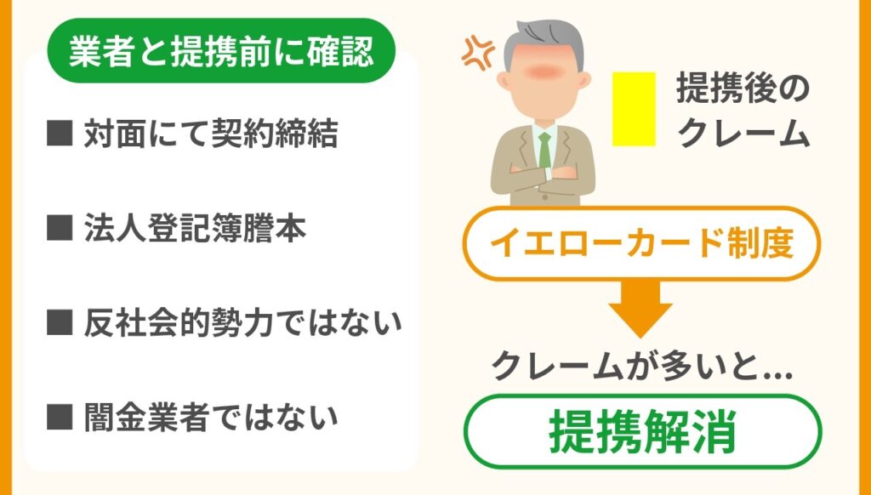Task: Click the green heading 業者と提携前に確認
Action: click(x=221, y=50)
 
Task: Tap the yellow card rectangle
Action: click(x=634, y=109)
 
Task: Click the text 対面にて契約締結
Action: click(x=211, y=135)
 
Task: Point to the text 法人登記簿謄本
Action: click(x=195, y=229)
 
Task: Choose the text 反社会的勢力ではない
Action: click(x=242, y=323)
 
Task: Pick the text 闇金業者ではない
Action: click(x=211, y=418)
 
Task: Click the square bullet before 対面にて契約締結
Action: click(x=60, y=134)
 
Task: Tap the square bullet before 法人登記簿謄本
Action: click(x=60, y=228)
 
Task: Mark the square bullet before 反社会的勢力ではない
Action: click(x=60, y=322)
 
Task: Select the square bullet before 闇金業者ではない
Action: click(x=60, y=417)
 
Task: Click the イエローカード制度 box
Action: click(x=641, y=244)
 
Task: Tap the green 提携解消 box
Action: click(x=643, y=431)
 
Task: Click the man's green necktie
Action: click(x=545, y=150)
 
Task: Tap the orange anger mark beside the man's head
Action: click(x=478, y=53)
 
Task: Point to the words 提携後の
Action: click(x=743, y=89)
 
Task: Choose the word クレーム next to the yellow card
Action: click(x=744, y=134)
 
